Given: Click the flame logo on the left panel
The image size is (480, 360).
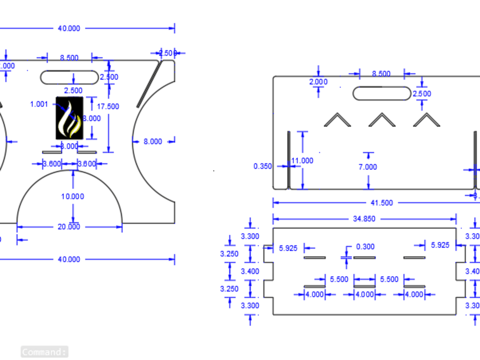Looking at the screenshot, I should point(70,118).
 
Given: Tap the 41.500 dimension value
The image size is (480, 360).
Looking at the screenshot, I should point(381,203).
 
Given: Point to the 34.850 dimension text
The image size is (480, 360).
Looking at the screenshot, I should point(364,219).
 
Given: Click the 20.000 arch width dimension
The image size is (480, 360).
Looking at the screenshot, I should point(69,227).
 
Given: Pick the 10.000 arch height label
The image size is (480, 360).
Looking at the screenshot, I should point(72,196).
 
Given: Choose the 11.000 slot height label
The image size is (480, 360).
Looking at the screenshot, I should point(302,161).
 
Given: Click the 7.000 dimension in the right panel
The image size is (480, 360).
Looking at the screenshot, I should point(368,167).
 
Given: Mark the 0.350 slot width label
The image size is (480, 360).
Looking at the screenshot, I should point(263,167).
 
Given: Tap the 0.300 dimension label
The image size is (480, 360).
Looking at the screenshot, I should point(365,247).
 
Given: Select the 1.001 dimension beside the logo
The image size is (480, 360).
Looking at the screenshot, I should point(39,104).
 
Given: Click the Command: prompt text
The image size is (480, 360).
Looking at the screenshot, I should point(44,352).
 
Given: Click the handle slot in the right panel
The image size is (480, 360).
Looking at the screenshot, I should point(382,93).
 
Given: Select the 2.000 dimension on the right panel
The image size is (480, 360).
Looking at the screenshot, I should point(318,82).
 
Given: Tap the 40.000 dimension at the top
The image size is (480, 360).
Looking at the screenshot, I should point(69,28).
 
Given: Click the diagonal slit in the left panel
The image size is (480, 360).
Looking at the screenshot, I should point(148,84).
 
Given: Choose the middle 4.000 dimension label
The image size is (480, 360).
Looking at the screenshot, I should point(364,294).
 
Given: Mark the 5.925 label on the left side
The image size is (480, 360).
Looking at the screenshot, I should point(288,248).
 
